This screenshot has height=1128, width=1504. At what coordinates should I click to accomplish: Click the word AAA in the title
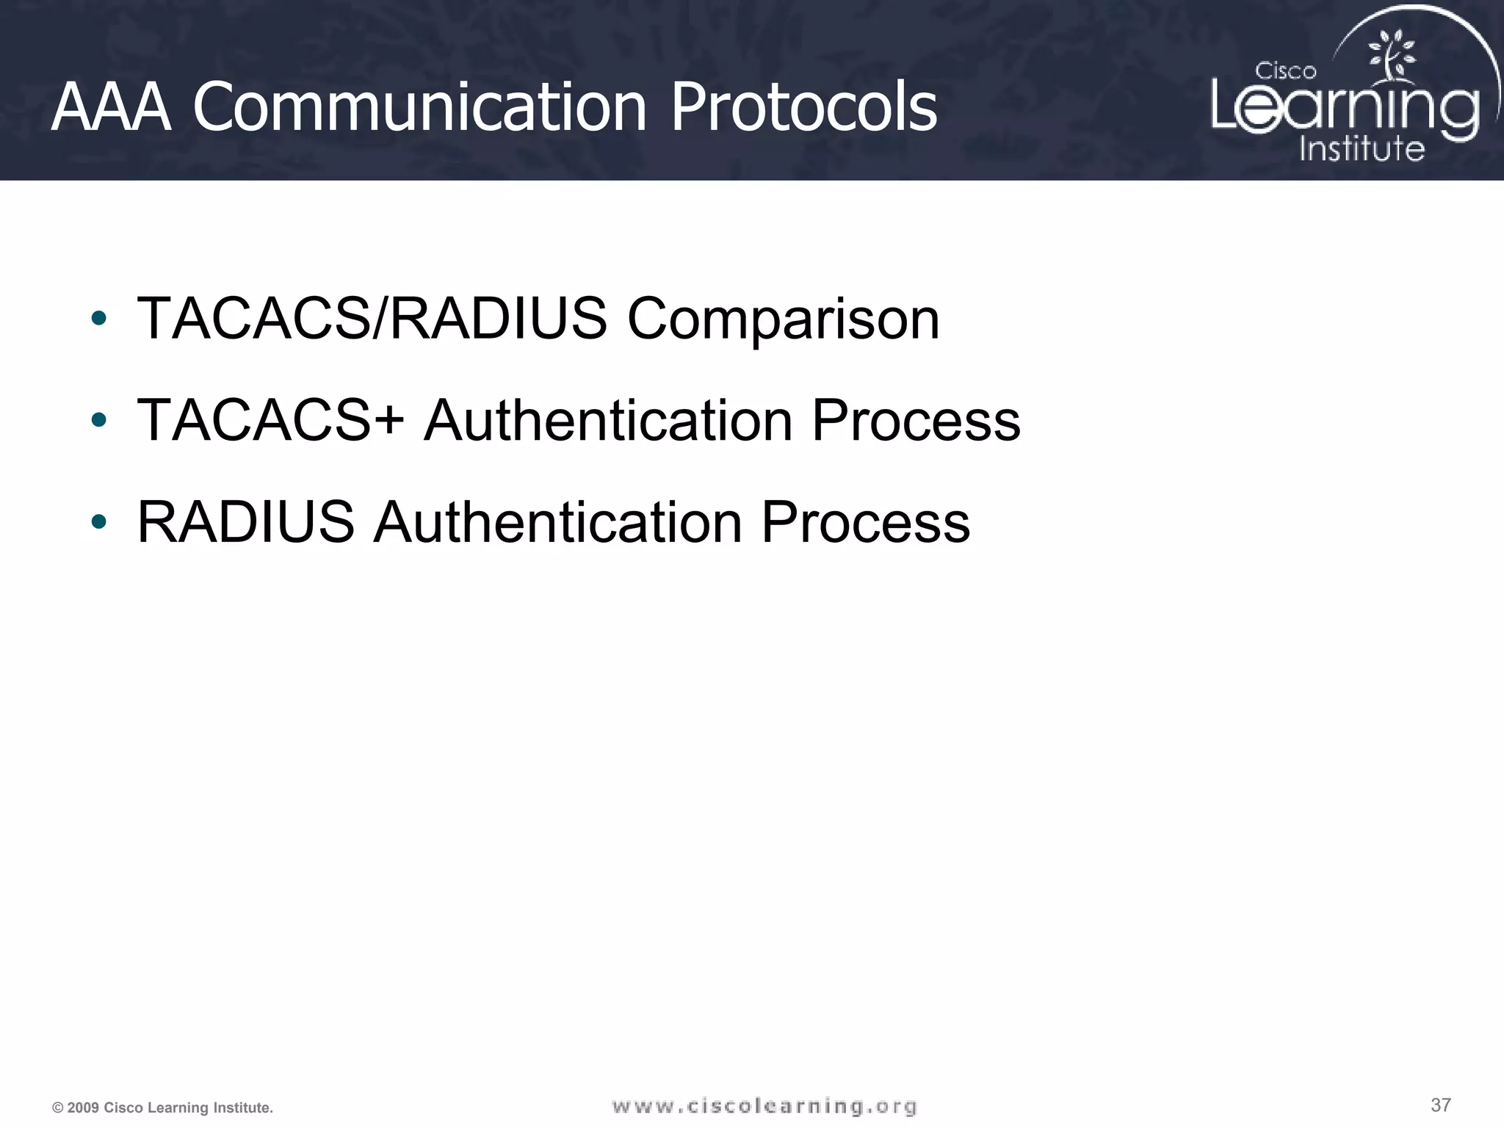click(x=111, y=108)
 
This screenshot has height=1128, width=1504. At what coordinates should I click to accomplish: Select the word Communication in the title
click(x=419, y=108)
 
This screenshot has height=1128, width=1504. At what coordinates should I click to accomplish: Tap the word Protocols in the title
click(x=803, y=108)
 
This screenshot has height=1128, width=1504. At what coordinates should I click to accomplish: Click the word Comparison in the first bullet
click(x=783, y=319)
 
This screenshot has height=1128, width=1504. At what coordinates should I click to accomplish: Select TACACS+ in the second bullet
click(x=270, y=421)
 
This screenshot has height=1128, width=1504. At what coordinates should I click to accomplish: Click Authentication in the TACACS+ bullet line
click(x=608, y=421)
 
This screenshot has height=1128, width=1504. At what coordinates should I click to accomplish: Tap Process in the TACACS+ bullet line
click(x=916, y=421)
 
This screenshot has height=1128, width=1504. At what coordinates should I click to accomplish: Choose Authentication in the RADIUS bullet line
click(x=557, y=523)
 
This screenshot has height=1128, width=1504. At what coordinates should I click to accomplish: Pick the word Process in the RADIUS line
click(x=865, y=523)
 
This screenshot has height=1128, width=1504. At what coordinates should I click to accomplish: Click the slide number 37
click(x=1440, y=1105)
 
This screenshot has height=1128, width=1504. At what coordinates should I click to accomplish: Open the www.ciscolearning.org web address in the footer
click(x=764, y=1107)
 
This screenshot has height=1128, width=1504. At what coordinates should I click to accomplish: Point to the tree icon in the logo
click(x=1390, y=57)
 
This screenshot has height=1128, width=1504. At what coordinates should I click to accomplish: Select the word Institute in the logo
click(x=1362, y=148)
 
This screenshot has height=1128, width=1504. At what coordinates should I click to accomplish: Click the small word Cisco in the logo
click(x=1285, y=71)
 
